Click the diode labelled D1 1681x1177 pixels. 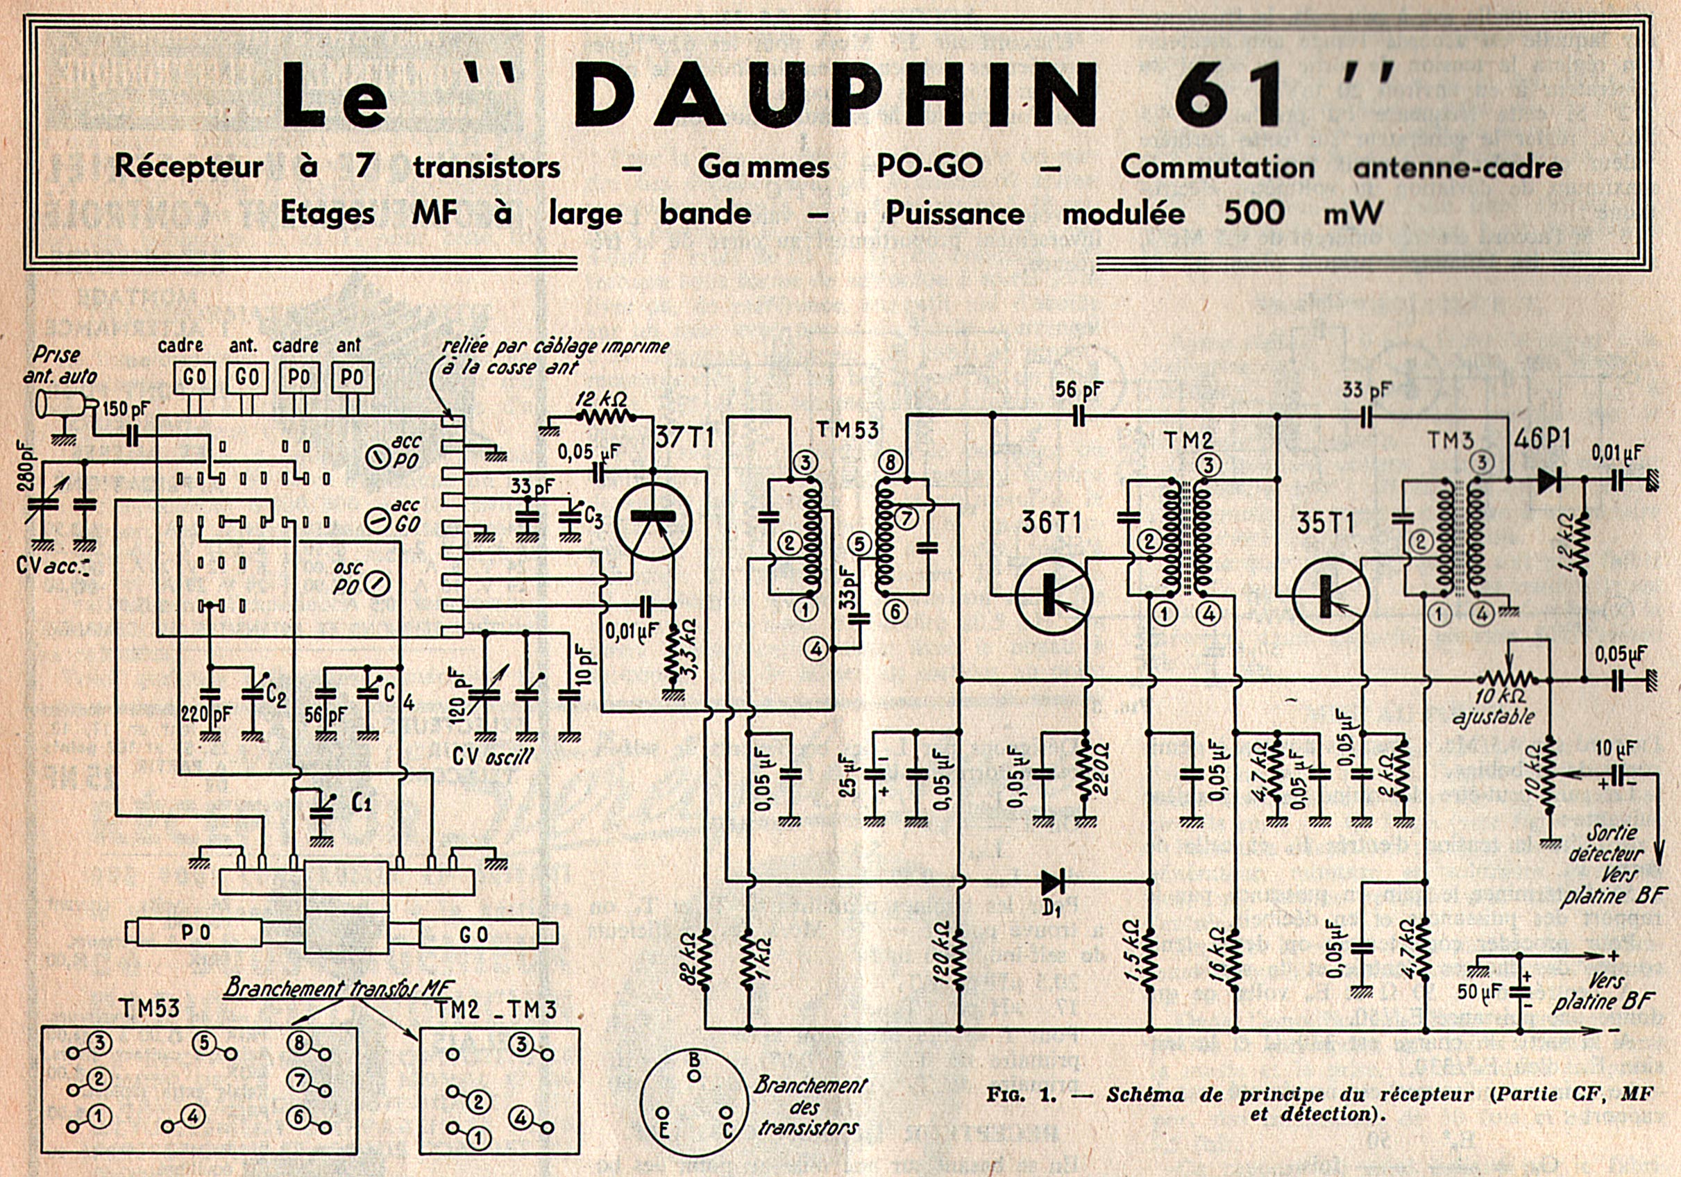tap(1053, 882)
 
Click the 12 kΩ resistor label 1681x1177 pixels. tap(601, 400)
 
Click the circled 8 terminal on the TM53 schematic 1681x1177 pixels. tap(890, 463)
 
